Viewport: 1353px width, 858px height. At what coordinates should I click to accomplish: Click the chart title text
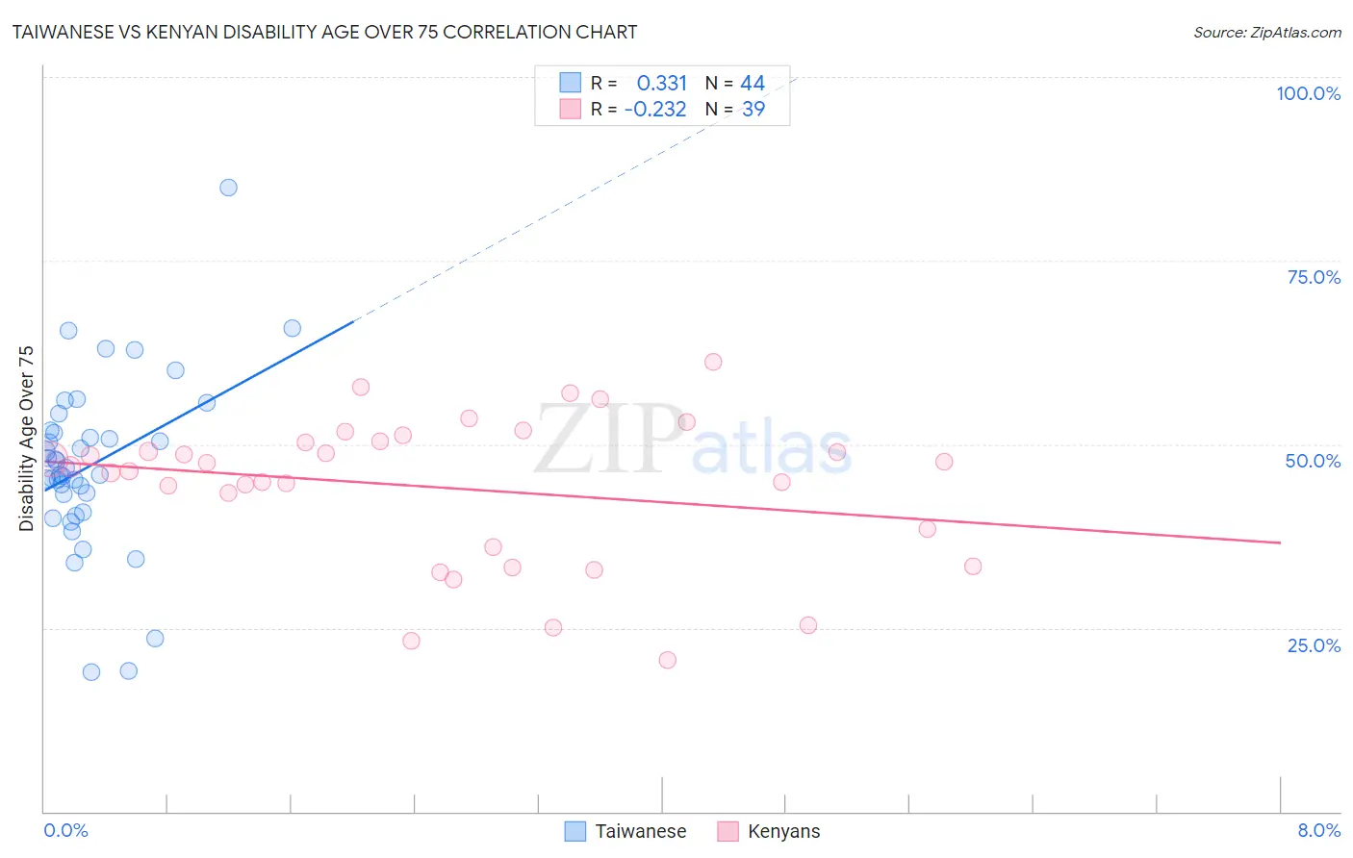(323, 32)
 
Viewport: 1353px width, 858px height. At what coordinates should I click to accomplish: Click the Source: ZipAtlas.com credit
(1266, 32)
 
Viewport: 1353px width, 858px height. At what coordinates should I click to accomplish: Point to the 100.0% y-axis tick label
(1308, 93)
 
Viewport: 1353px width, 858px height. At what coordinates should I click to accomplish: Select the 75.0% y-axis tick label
(1314, 277)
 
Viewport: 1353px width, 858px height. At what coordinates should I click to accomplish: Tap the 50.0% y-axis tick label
(1313, 461)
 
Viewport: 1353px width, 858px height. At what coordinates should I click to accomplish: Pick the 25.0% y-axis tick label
(1314, 644)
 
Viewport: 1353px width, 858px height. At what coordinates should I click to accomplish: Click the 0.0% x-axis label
(65, 830)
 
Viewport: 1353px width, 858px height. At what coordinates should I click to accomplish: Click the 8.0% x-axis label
(1318, 830)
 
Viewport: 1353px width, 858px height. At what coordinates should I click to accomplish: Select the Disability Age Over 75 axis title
(26, 438)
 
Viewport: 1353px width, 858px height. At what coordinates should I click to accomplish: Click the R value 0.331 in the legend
(662, 84)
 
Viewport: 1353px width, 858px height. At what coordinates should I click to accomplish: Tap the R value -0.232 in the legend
(655, 110)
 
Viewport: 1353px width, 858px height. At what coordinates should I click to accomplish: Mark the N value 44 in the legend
(753, 84)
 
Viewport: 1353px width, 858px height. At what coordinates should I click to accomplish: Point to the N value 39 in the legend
(753, 110)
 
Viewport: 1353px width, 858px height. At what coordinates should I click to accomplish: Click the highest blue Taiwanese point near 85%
(228, 188)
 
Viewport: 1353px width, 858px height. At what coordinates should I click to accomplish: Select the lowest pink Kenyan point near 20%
(668, 660)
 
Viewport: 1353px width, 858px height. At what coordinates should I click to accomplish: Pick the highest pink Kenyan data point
(713, 362)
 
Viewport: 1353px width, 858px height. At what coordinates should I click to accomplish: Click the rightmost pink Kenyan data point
(973, 567)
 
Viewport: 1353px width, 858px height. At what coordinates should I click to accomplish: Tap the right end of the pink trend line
(1281, 543)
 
